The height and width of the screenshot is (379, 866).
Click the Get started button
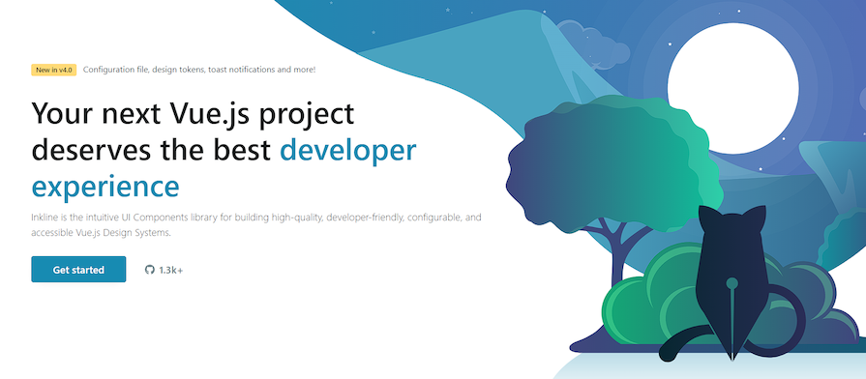coord(78,270)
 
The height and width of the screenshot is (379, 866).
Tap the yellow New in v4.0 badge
coord(53,70)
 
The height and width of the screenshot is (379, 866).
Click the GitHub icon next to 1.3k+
coord(149,270)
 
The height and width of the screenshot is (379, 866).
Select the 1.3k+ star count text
coord(171,270)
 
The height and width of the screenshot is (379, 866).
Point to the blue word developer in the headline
coord(348,149)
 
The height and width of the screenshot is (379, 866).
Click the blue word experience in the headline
coord(105,185)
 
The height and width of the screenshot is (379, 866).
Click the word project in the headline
coord(309,114)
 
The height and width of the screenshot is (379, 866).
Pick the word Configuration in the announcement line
coord(115,70)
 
